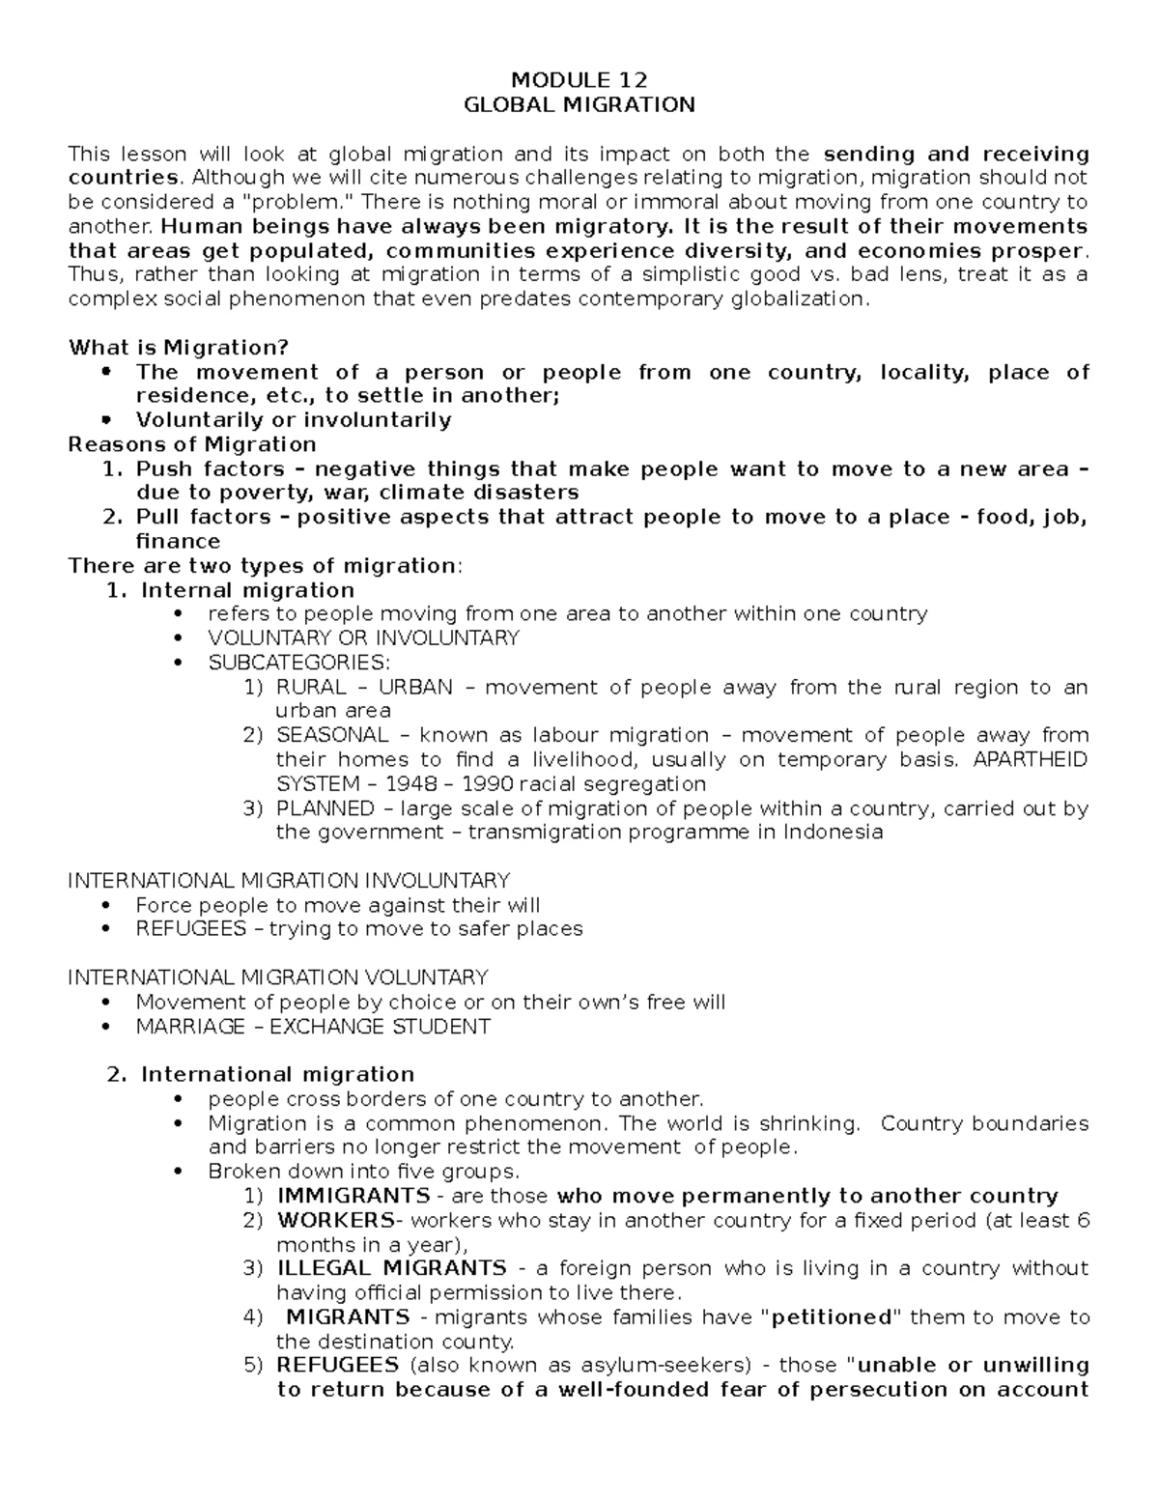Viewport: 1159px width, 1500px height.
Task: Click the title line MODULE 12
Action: tap(579, 80)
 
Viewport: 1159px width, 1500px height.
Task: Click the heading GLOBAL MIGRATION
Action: tap(579, 104)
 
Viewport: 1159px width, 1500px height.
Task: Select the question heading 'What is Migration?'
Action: tap(178, 348)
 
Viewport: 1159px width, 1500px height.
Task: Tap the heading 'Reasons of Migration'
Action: tap(192, 444)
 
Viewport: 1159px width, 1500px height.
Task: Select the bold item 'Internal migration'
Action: tap(247, 590)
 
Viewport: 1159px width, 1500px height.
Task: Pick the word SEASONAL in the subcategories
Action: tap(332, 735)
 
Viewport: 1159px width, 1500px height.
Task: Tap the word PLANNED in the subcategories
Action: tap(325, 808)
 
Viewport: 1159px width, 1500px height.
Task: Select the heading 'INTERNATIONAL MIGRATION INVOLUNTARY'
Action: tap(289, 881)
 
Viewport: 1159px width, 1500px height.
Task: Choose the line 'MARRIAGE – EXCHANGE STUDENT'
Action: tap(313, 1027)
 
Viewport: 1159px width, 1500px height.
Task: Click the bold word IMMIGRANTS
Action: tap(353, 1196)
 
